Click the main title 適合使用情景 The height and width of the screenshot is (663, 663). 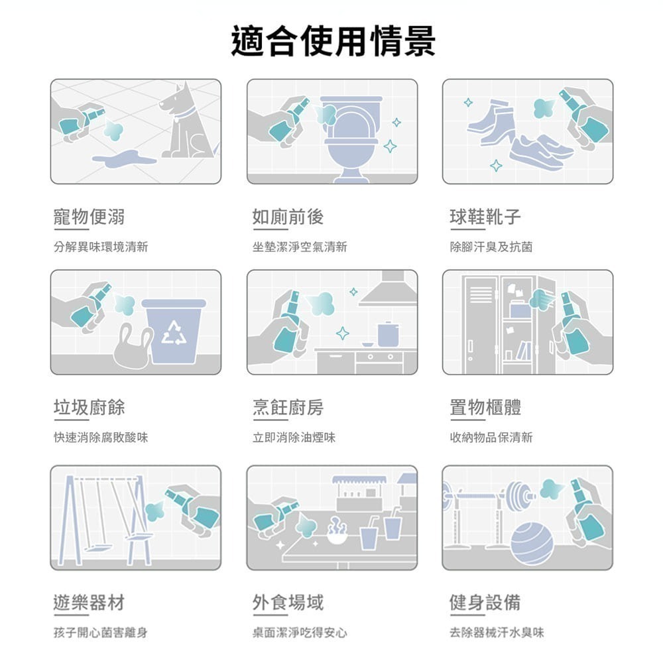coord(333,41)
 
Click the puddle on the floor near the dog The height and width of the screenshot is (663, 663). coord(123,158)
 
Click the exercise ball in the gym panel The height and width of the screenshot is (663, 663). coord(532,542)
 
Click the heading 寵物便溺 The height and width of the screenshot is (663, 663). coord(89,216)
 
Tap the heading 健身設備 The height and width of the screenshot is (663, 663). coord(485,602)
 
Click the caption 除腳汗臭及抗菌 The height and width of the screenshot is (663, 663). coord(491,247)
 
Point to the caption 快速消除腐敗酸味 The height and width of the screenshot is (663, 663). coord(101,438)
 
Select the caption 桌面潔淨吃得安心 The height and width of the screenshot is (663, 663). coord(299,633)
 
